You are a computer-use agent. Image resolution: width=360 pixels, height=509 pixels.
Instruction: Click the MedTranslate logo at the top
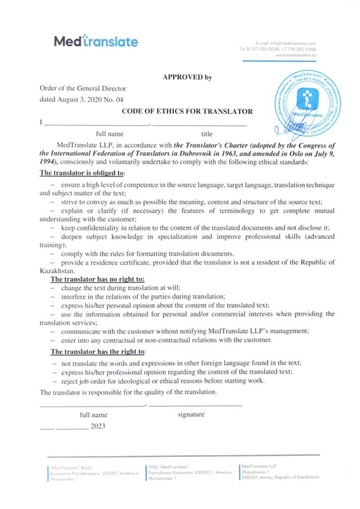[x=95, y=42]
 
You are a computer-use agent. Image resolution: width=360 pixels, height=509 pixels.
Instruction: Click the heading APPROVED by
[x=187, y=77]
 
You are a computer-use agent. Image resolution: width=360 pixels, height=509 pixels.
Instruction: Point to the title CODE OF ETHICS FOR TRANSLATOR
[x=187, y=111]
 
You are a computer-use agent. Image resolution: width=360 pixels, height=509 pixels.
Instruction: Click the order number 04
[x=119, y=99]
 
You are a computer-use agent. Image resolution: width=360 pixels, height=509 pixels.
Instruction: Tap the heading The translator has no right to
[x=97, y=279]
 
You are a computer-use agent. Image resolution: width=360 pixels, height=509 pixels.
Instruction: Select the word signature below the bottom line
[x=191, y=414]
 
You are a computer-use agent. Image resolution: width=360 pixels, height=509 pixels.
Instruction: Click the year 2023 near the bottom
[x=98, y=426]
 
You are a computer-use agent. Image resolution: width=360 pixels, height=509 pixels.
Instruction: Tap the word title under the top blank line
[x=207, y=134]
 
